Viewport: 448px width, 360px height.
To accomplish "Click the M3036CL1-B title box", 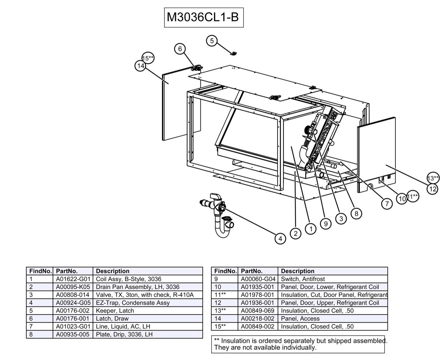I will (203, 18).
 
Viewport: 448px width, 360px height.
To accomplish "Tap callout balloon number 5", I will (212, 41).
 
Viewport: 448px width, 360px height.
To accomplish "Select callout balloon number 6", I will (180, 49).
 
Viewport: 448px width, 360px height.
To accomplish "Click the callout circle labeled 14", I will (140, 66).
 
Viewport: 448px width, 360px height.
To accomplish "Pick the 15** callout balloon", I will (148, 58).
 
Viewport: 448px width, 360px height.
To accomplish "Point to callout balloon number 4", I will (280, 239).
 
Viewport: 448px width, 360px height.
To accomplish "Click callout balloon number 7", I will (387, 204).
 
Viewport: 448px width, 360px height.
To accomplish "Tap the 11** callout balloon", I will (413, 196).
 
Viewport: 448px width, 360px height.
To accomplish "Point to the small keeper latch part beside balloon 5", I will (233, 54).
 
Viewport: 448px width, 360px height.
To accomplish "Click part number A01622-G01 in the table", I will (73, 279).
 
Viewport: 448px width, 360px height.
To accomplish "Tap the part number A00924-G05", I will (73, 303).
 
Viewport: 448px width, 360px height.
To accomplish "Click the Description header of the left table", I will (112, 271).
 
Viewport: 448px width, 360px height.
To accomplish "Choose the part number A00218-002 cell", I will (258, 318).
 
